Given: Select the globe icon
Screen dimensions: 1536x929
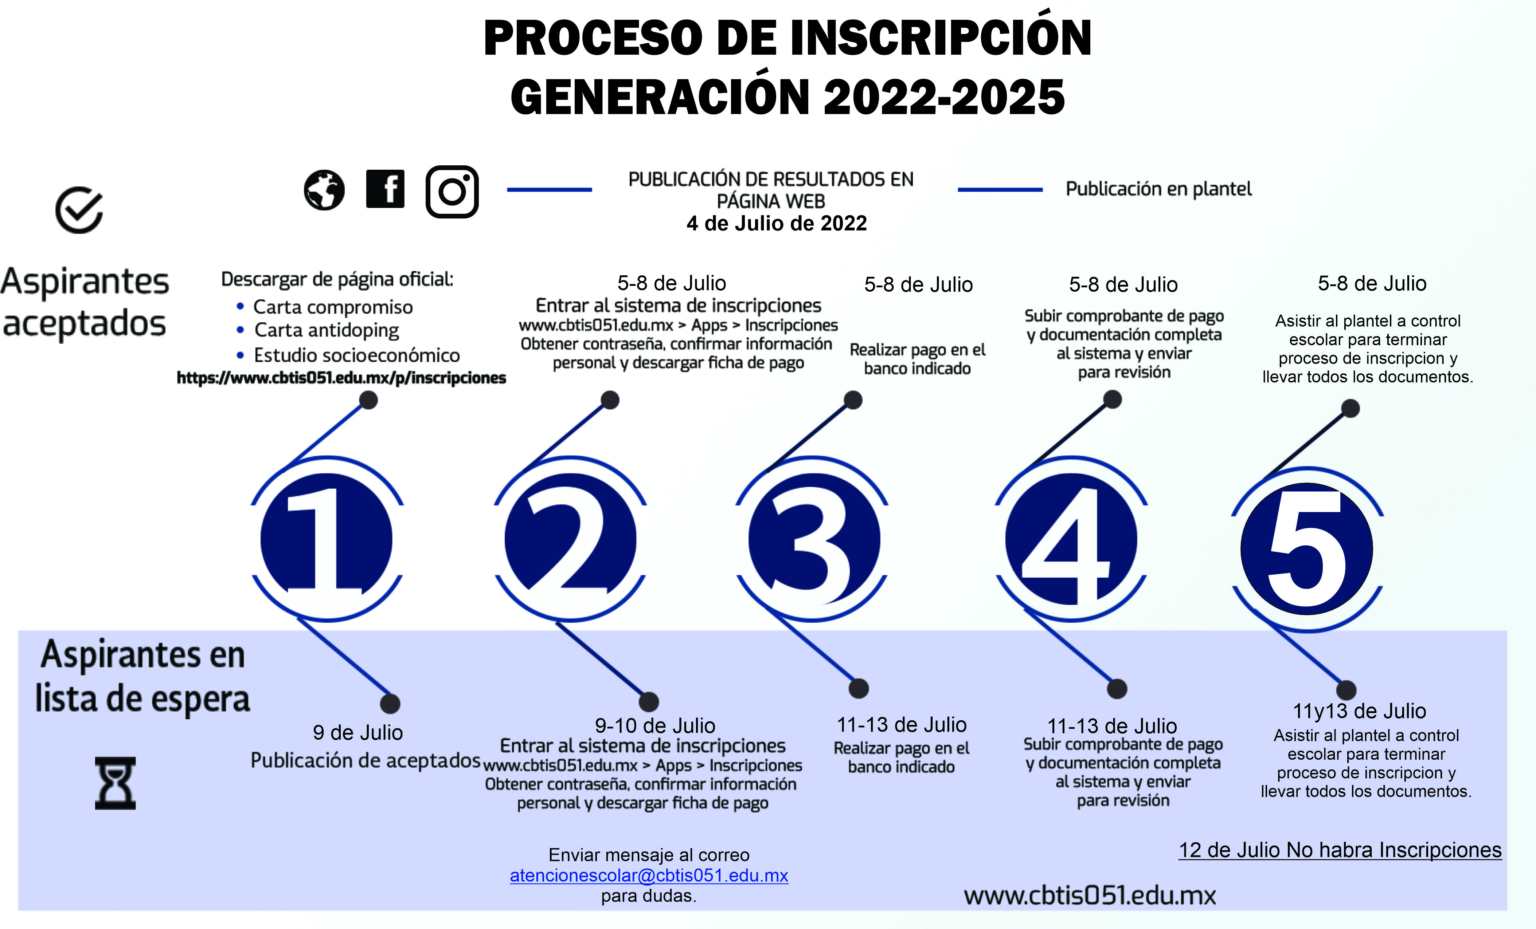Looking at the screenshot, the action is click(324, 190).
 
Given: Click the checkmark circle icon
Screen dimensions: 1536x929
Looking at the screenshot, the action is click(79, 210).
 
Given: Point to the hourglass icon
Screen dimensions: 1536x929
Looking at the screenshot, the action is click(115, 783).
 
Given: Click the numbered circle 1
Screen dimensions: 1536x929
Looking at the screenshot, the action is click(327, 539).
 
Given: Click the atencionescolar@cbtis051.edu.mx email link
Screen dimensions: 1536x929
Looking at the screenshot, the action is click(649, 875).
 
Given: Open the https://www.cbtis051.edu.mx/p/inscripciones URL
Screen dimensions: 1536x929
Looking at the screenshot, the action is click(341, 378).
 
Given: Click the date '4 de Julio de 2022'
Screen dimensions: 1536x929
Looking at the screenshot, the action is click(777, 223).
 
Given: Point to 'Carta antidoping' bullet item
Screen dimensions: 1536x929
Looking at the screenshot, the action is click(327, 330).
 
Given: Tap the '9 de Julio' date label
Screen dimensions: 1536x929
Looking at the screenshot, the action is click(358, 733).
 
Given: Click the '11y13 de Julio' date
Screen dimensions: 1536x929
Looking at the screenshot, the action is click(1360, 711).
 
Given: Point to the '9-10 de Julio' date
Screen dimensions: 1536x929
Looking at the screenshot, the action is click(655, 726).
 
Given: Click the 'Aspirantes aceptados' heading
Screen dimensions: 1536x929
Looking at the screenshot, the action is click(85, 303).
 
